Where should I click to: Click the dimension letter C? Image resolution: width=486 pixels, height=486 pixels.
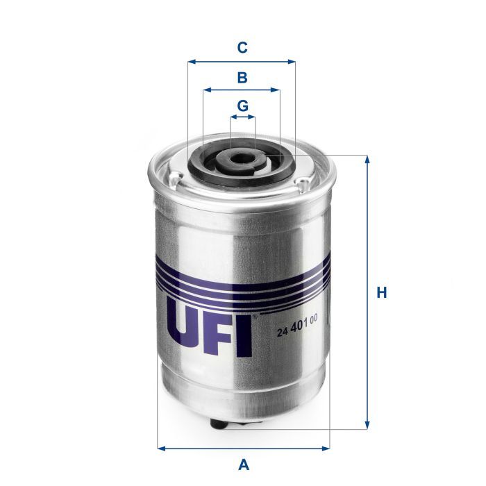click(242, 48)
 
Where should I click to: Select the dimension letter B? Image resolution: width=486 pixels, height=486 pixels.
click(242, 77)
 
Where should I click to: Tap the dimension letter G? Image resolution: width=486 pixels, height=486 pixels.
click(242, 106)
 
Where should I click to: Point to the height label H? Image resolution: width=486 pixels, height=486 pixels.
click(381, 293)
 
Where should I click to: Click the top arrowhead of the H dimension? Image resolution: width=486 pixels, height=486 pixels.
click(367, 158)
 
